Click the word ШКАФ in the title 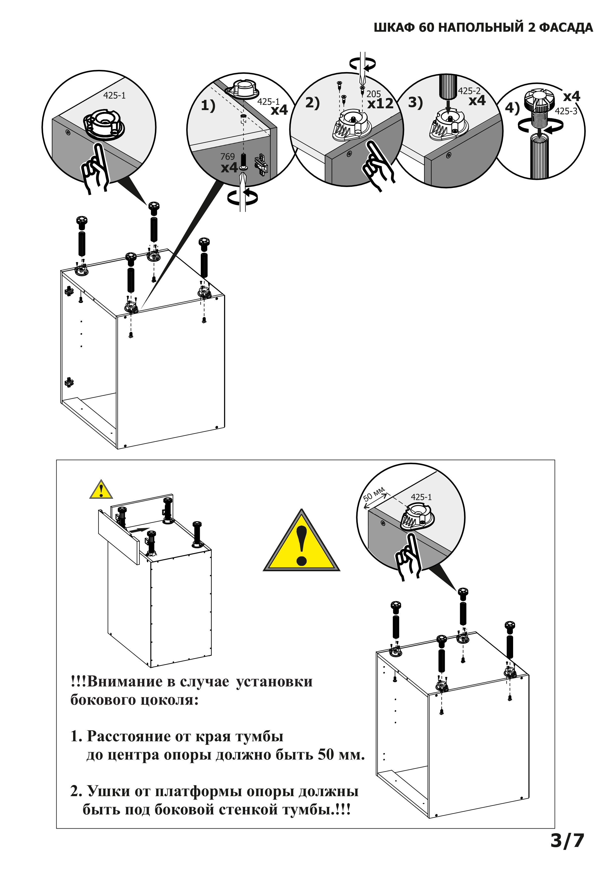pos(394,28)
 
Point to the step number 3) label pos(415,103)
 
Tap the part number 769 pos(228,156)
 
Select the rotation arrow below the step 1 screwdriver pos(243,197)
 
